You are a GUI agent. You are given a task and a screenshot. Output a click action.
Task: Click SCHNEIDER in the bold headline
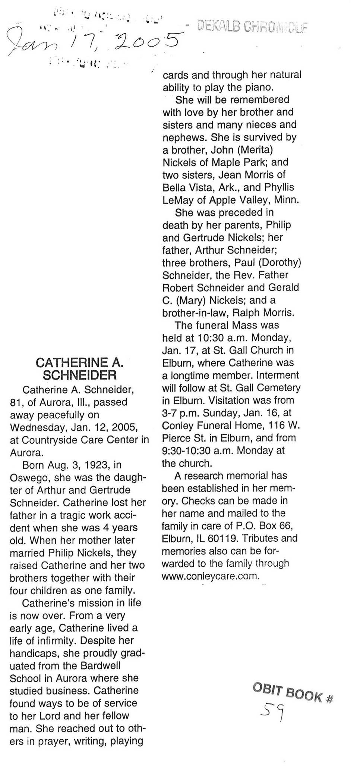point(80,375)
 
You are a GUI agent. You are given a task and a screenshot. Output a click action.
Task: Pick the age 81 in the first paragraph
point(16,403)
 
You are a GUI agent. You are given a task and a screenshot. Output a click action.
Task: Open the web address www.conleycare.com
point(210,576)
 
